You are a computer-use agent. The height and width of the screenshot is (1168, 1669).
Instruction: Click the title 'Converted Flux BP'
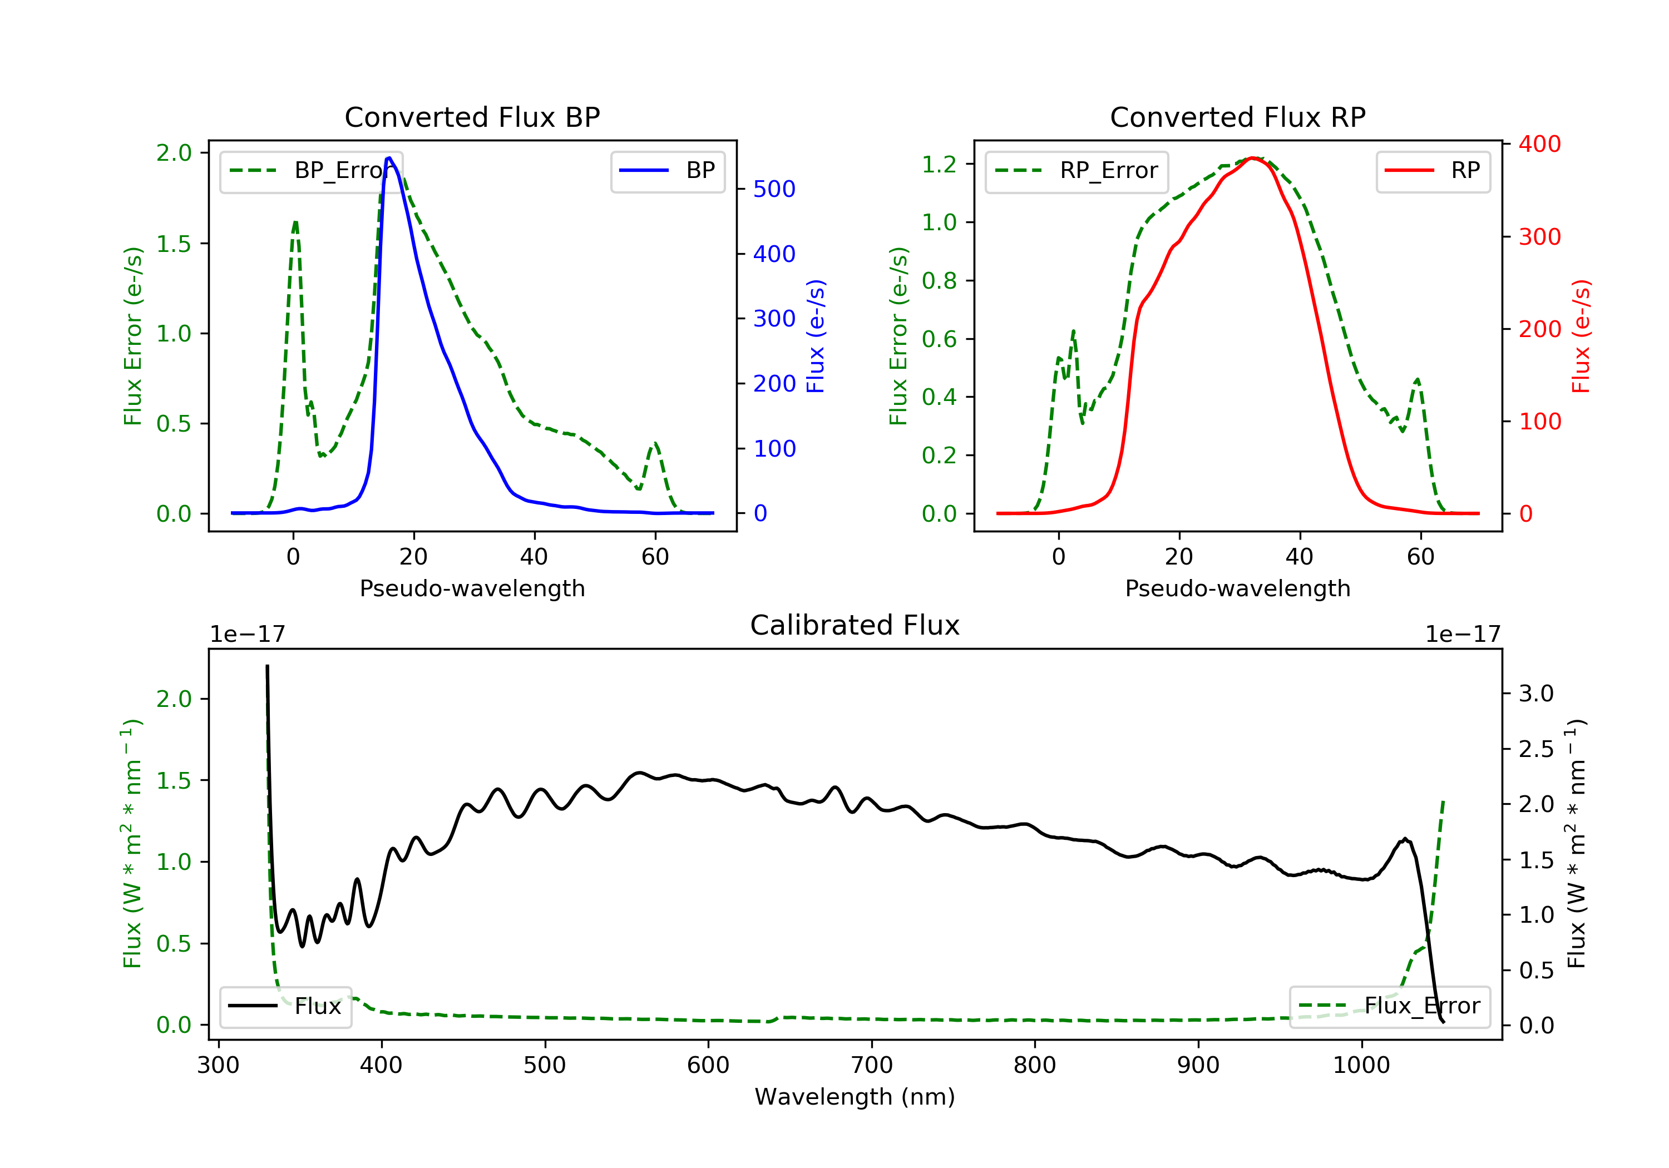tap(472, 117)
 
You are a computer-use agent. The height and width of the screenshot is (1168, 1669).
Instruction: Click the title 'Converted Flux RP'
tap(1237, 117)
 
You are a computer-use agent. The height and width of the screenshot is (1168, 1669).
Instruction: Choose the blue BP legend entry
tap(667, 171)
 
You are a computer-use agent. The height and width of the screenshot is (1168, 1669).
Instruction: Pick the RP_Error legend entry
tap(1076, 171)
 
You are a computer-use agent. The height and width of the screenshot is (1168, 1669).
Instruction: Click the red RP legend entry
tap(1432, 171)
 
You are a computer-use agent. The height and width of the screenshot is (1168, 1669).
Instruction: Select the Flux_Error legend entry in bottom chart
tap(1389, 1006)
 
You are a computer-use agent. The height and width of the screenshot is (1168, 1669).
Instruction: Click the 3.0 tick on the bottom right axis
tap(1536, 694)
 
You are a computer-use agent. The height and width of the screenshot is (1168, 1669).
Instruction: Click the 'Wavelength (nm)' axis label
tap(855, 1097)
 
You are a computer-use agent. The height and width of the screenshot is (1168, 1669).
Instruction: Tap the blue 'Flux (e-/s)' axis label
tap(816, 336)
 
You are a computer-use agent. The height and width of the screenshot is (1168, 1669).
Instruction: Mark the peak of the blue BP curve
tap(389, 158)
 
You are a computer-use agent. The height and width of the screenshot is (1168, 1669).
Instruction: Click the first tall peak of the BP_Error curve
tap(295, 222)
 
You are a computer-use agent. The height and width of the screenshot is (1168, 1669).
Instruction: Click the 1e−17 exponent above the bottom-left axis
tap(247, 635)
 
